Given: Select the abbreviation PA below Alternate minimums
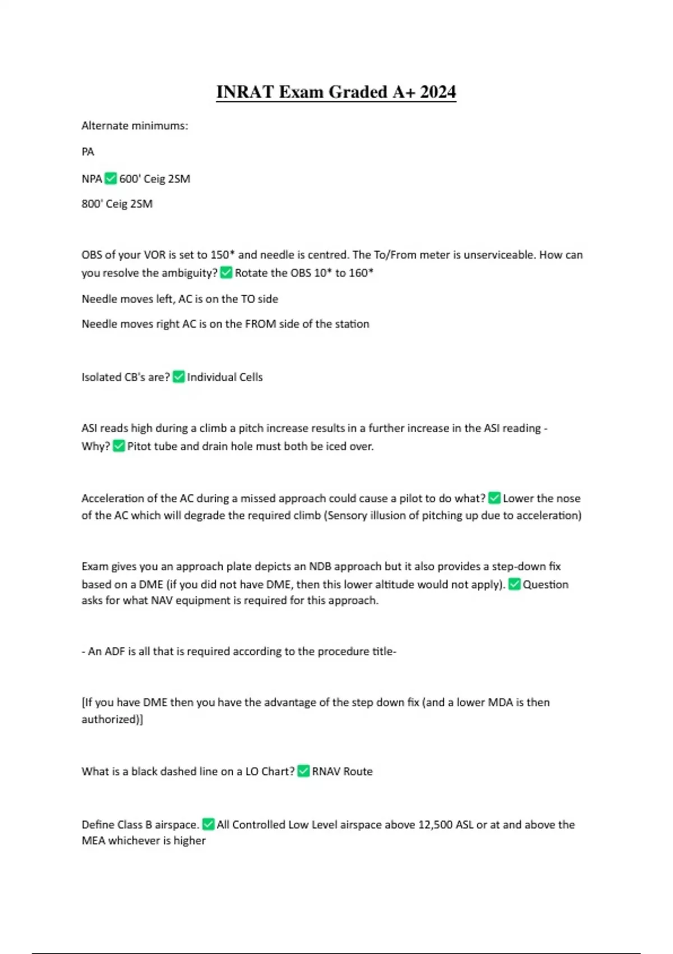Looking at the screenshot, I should (x=88, y=152).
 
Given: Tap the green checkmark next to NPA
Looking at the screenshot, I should (x=110, y=178).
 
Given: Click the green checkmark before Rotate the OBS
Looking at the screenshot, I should (x=226, y=273).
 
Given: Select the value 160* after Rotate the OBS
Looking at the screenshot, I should (x=361, y=273).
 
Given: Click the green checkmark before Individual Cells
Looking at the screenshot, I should (x=178, y=377).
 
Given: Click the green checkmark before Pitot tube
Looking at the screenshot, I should (x=119, y=446).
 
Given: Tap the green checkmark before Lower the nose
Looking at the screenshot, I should (x=494, y=498).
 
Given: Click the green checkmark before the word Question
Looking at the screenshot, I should (x=514, y=584).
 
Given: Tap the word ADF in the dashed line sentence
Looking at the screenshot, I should (x=115, y=652).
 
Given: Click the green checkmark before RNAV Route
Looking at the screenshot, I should (x=303, y=771).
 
